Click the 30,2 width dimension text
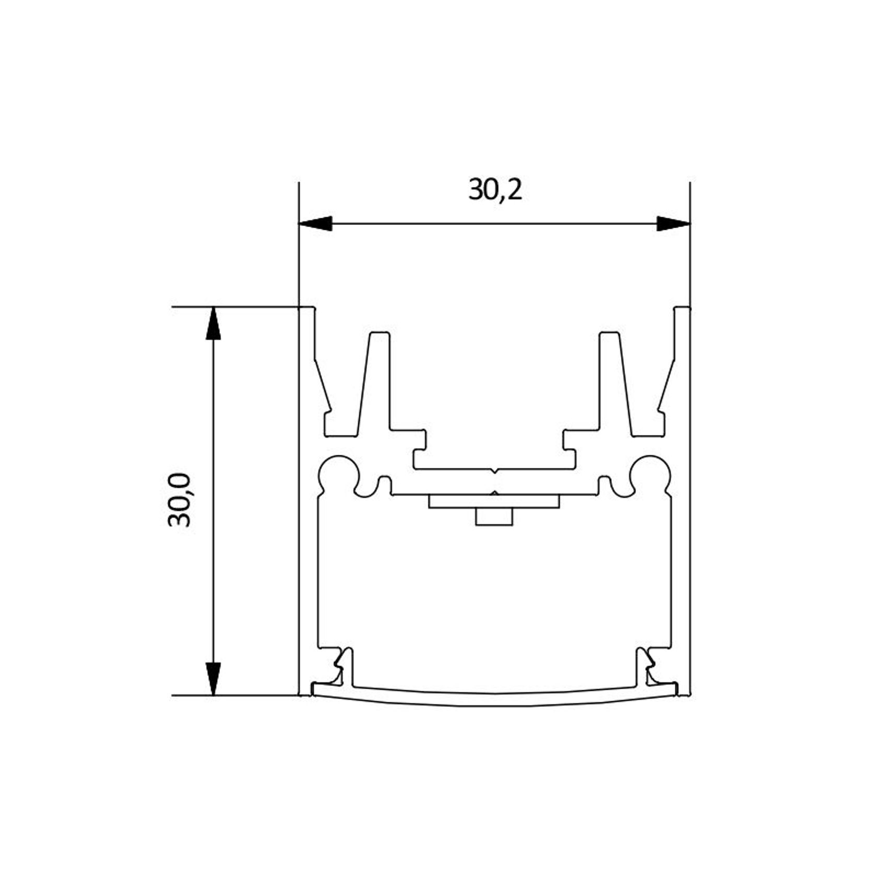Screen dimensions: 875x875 pos(495,190)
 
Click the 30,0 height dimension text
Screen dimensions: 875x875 pos(180,500)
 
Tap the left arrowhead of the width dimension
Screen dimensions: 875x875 pos(315,223)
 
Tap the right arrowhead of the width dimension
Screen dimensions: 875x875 pos(673,223)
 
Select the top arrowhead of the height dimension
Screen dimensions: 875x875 pos(212,324)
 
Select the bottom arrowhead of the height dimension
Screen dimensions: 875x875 pos(212,678)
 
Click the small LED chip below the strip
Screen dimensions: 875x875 pos(494,517)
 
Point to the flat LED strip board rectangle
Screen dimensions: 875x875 pos(494,502)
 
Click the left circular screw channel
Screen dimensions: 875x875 pos(339,473)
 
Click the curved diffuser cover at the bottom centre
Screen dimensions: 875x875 pos(494,700)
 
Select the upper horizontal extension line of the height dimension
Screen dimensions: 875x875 pos(235,307)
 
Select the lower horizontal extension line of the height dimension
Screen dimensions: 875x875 pos(235,695)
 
